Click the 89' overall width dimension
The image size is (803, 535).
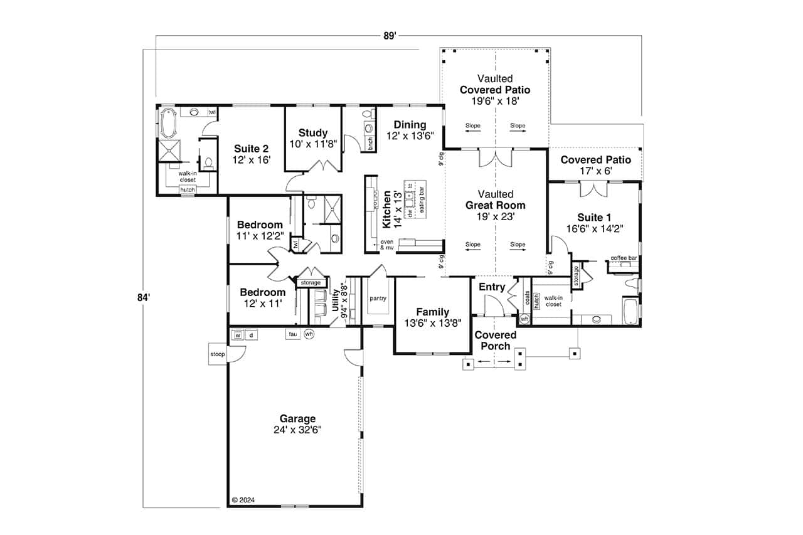[390, 36]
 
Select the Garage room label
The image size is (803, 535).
[297, 419]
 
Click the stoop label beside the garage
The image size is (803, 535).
[218, 354]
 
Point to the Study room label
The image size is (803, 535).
[313, 132]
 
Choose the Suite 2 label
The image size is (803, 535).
[251, 149]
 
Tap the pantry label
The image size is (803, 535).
[377, 299]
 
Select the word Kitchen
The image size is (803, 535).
[387, 209]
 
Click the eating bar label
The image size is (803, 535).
[422, 200]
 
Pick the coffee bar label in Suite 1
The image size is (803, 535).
[624, 258]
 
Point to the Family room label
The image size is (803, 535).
[433, 312]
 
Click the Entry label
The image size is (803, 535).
[492, 287]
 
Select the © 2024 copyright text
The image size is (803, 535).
[243, 500]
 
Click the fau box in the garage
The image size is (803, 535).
[292, 334]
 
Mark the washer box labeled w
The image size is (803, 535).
[238, 335]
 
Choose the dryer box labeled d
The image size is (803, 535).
[251, 335]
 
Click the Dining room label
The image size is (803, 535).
[410, 125]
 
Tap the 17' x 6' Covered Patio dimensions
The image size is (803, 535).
[595, 170]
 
